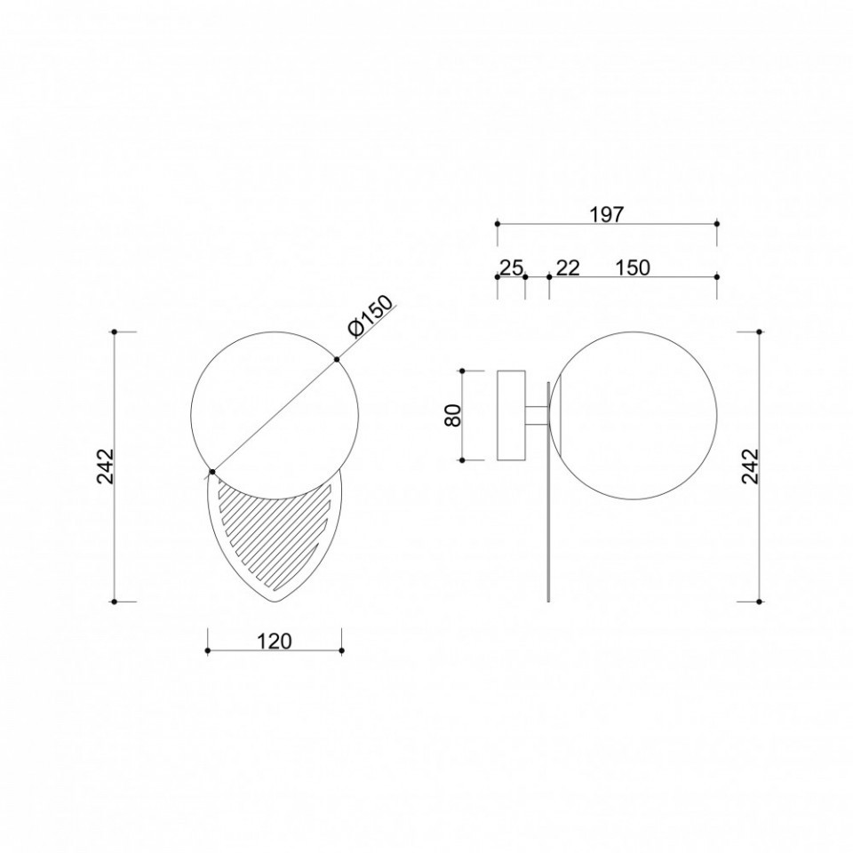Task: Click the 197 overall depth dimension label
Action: (x=607, y=214)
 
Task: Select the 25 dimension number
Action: (x=512, y=267)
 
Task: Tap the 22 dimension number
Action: (x=568, y=267)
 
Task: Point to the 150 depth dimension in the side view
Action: (x=633, y=267)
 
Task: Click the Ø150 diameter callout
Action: (x=371, y=316)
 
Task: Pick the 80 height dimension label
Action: (x=453, y=415)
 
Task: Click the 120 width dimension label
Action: (x=275, y=642)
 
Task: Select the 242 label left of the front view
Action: (x=105, y=466)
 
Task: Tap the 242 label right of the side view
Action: (x=750, y=466)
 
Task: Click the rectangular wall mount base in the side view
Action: (x=512, y=416)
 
